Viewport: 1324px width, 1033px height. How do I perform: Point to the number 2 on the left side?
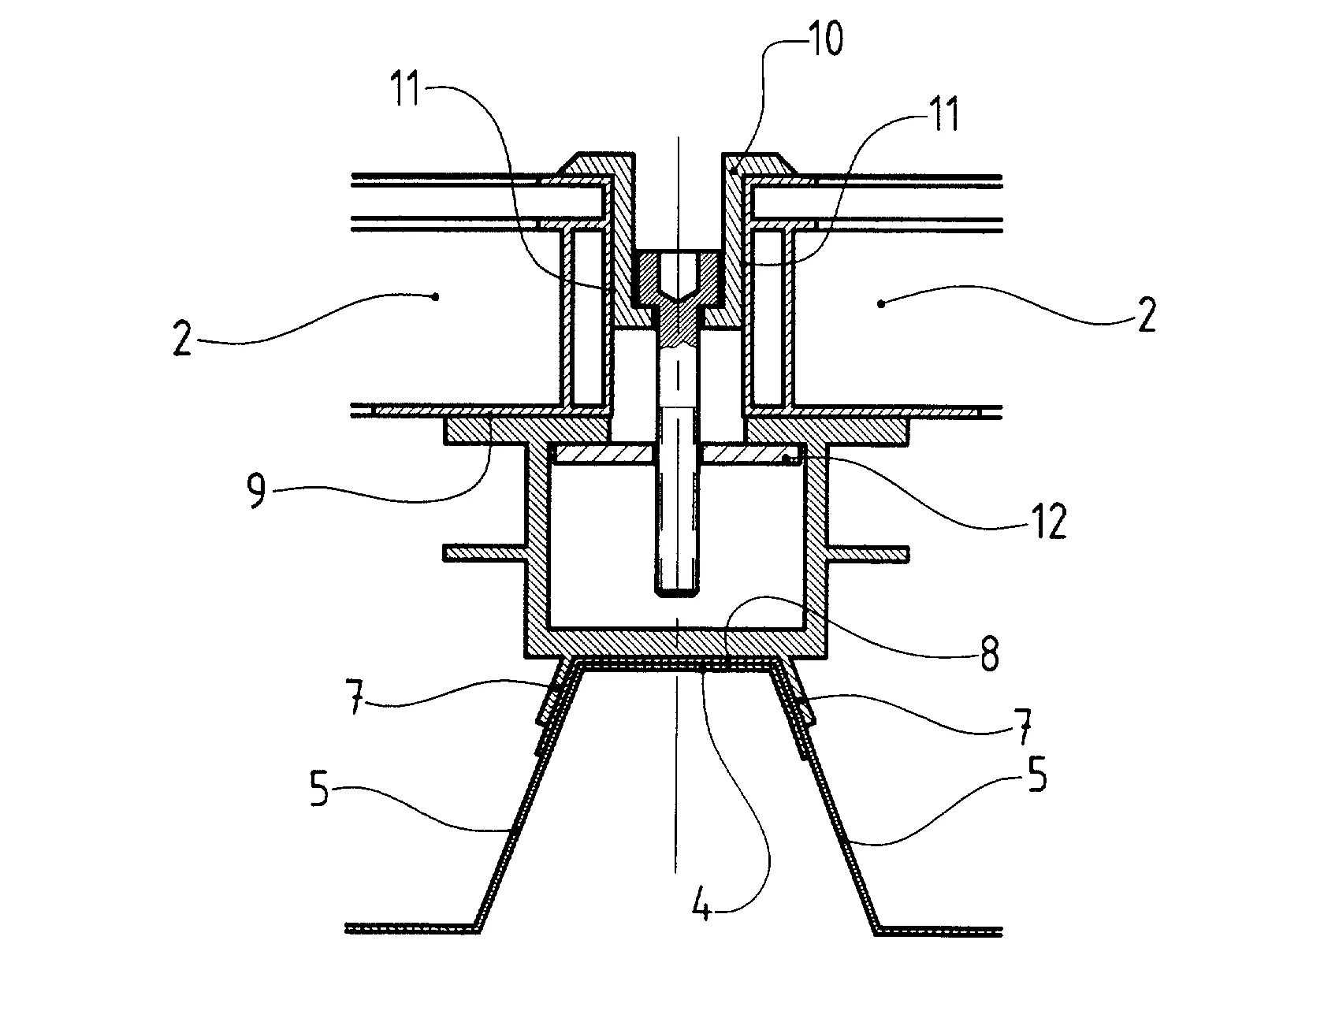183,341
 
